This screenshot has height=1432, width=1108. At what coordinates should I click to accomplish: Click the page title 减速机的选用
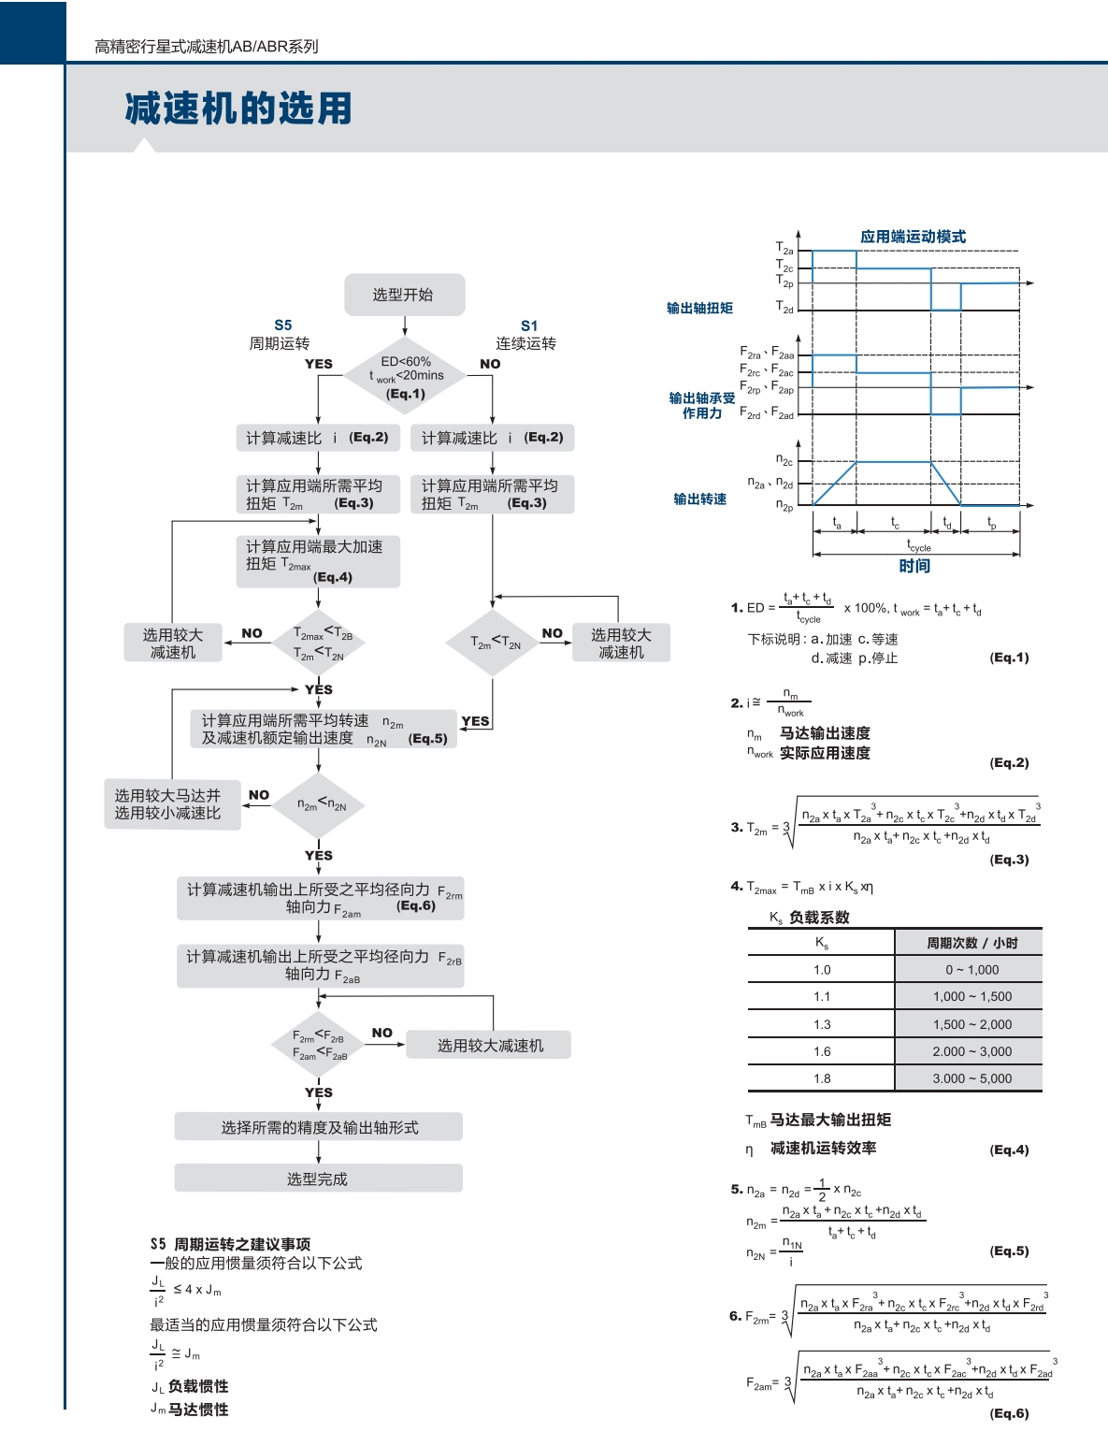tap(238, 109)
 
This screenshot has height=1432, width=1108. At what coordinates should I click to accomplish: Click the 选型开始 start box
tap(404, 295)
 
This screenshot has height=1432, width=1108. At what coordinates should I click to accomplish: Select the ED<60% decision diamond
tap(405, 376)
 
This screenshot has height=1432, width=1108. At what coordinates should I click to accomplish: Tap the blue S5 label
tap(282, 325)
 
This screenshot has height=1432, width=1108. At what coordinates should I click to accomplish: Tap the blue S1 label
tap(529, 325)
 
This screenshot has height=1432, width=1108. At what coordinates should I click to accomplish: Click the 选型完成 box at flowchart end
tap(318, 1179)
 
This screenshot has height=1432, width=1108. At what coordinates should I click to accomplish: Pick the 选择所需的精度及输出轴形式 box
tap(318, 1127)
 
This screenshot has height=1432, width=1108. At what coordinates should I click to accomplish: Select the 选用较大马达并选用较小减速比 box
tap(171, 804)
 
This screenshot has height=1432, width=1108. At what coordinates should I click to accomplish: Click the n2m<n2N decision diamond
tap(320, 804)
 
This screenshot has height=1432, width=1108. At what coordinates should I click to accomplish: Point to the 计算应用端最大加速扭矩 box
tap(317, 561)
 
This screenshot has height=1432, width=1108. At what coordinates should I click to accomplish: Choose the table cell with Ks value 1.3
tap(821, 1024)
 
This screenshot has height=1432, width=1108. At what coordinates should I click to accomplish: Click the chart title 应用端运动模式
tap(913, 237)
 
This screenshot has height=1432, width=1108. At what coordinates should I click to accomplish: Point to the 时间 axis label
tap(914, 566)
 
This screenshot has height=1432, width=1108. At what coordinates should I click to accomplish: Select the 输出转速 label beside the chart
tap(699, 499)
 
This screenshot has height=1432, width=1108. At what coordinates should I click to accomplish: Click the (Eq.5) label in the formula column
tap(1009, 1251)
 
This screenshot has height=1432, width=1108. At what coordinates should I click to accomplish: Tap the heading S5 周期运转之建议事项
tap(230, 1244)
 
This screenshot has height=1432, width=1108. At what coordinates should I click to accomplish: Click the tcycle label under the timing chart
tap(918, 545)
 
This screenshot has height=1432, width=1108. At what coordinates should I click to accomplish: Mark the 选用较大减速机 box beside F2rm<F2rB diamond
tap(489, 1046)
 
